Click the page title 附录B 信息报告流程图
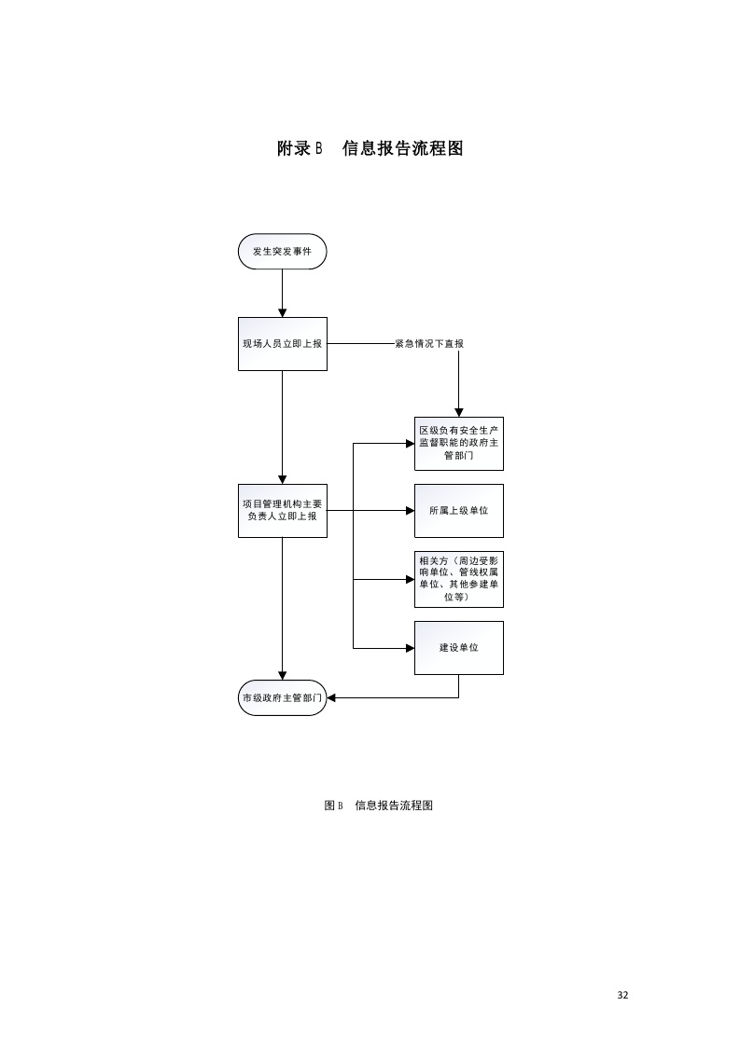(x=370, y=148)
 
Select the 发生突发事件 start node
(x=282, y=252)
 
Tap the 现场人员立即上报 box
(x=282, y=343)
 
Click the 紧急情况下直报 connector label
(x=429, y=343)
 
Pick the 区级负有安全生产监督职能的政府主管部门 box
(x=458, y=443)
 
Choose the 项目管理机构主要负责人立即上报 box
(x=282, y=510)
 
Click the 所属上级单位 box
(x=458, y=510)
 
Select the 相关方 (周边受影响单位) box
(x=458, y=578)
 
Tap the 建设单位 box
(x=458, y=647)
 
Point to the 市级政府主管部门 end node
(x=282, y=697)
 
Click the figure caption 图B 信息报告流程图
(x=378, y=806)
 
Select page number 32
(x=623, y=995)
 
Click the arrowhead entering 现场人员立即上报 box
(x=282, y=312)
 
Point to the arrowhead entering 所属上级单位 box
(x=410, y=510)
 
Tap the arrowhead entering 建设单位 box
(x=410, y=647)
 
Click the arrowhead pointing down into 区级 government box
(x=458, y=412)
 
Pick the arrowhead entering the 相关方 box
(x=410, y=578)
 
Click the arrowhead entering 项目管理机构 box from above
(x=282, y=478)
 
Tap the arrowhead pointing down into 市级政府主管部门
(x=282, y=675)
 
